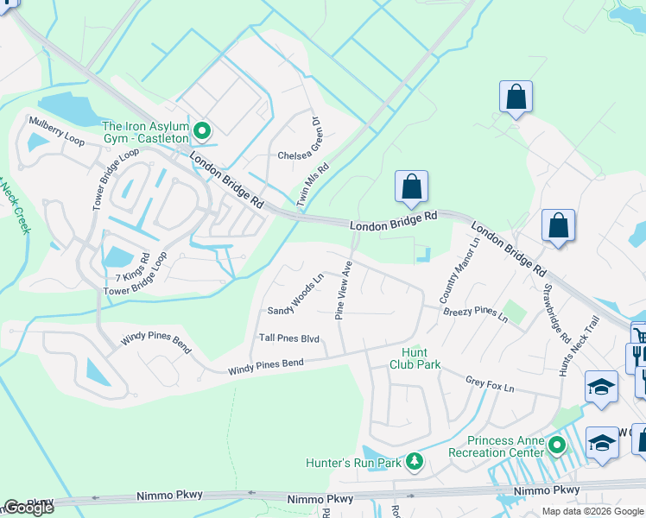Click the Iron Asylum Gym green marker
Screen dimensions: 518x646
coord(202,131)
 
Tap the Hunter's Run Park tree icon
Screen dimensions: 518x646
coord(415,462)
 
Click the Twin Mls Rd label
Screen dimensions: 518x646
coord(313,185)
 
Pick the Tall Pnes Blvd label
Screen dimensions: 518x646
coord(289,338)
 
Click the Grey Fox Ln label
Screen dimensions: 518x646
coord(490,383)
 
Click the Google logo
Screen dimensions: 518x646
coord(28,508)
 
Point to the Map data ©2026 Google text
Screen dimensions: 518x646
coord(592,511)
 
